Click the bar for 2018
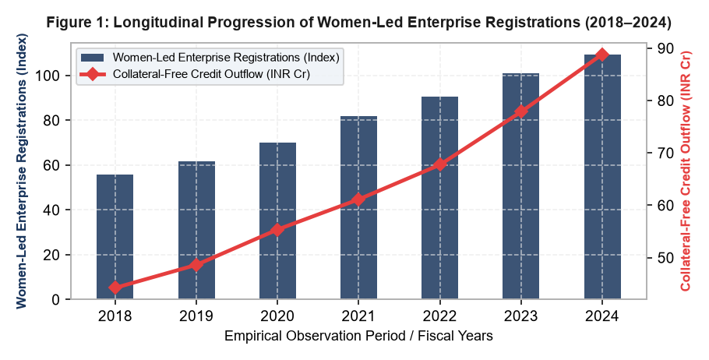(115, 237)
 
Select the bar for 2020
(277, 221)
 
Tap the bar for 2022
(439, 198)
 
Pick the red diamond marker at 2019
(196, 265)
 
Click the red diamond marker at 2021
(358, 199)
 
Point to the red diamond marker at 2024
(601, 55)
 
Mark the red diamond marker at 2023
(521, 111)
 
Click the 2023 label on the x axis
(521, 316)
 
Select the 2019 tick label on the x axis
(196, 316)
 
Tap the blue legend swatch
(92, 58)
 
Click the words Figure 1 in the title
(74, 23)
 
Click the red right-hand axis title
(686, 171)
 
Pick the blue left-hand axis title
(22, 171)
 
